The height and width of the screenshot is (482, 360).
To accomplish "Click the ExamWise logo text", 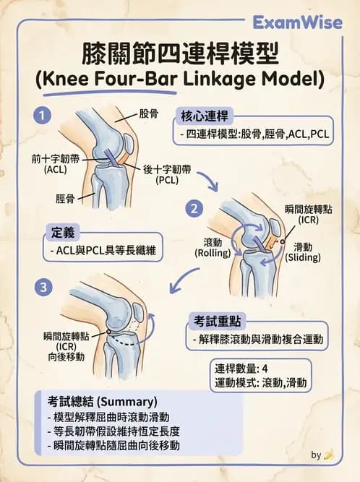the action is [x=297, y=23].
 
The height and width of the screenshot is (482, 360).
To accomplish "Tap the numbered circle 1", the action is [x=42, y=116].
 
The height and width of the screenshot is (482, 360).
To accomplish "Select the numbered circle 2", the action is [x=194, y=209].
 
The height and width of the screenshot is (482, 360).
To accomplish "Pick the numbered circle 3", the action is [x=43, y=288].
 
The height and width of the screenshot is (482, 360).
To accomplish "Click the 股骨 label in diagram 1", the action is [x=148, y=113].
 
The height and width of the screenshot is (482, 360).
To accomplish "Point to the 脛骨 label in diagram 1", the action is [x=65, y=199].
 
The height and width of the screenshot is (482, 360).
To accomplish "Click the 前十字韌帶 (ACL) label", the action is [x=56, y=164].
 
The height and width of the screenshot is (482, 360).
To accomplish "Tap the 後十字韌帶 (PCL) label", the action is [x=167, y=174].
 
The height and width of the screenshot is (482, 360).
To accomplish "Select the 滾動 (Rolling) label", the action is [x=213, y=248].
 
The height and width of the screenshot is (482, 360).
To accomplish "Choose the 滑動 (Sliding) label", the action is [x=303, y=252].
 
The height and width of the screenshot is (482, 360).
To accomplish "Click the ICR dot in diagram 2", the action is [x=283, y=241].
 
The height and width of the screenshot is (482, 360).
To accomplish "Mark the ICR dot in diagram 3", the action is [x=108, y=332].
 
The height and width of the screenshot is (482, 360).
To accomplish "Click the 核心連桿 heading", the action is [x=205, y=116].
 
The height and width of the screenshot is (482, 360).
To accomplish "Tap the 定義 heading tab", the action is [x=63, y=233].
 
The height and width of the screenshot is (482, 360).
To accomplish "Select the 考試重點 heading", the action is [x=217, y=322].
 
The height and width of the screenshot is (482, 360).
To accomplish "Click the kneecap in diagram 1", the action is [x=129, y=142].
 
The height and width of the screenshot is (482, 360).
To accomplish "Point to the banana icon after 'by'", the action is [x=329, y=455].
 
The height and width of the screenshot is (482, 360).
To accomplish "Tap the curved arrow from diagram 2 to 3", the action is [x=181, y=278].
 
